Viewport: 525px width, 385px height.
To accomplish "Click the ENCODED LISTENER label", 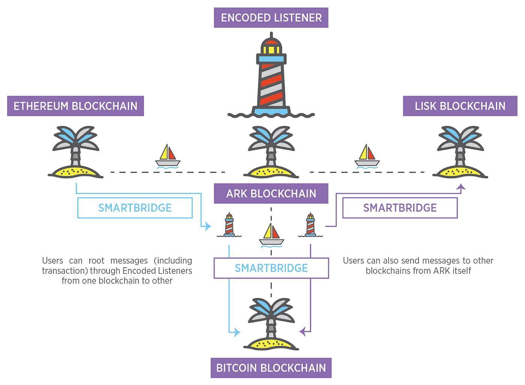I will pos(271,18).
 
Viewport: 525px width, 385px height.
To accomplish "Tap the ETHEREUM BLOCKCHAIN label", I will pos(75,106).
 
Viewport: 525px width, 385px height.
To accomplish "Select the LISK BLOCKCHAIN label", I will pos(460,106).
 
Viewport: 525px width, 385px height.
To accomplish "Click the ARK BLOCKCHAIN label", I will pos(271,194).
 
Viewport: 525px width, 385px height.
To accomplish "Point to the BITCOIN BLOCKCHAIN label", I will pos(271,368).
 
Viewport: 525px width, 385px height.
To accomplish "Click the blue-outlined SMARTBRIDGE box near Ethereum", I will pos(135,208).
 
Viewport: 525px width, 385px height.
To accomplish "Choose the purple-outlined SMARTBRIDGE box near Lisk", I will pos(400,208).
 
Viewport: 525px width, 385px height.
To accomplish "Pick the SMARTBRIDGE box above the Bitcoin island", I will pos(271,268).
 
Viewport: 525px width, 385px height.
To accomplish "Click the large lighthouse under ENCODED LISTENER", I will pos(271,75).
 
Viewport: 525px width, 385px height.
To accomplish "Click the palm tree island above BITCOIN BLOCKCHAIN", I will pos(271,325).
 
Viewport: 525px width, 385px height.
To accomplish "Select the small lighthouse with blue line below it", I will pos(229,225).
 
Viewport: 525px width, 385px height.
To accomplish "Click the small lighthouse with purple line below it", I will pos(310,225).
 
